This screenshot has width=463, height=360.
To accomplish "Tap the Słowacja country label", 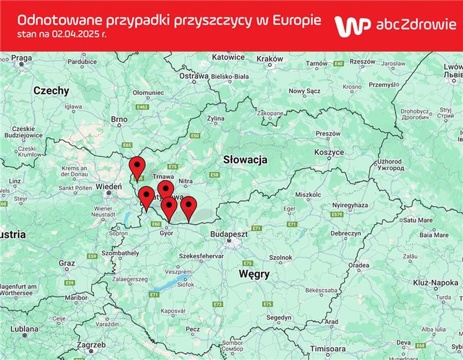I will point(245,160).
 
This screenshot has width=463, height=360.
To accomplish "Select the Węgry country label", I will point(253,274).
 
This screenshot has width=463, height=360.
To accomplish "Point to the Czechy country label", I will point(51,91).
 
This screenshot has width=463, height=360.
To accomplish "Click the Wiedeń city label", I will point(108,187).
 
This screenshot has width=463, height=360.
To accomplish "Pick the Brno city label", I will point(119,119).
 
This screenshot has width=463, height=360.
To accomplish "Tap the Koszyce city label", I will point(329,152).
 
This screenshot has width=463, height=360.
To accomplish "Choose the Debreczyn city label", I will point(346,233).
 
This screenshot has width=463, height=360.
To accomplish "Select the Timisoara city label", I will point(328,350).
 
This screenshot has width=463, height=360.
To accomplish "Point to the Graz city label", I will point(67,263).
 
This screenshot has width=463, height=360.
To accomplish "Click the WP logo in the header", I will point(352,27).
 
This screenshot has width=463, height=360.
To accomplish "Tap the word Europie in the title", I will point(296,20).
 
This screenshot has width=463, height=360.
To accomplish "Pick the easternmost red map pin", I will point(188,207).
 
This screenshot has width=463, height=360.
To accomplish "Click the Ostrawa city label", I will point(193,76).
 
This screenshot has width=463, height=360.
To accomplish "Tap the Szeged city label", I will point(279,318).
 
